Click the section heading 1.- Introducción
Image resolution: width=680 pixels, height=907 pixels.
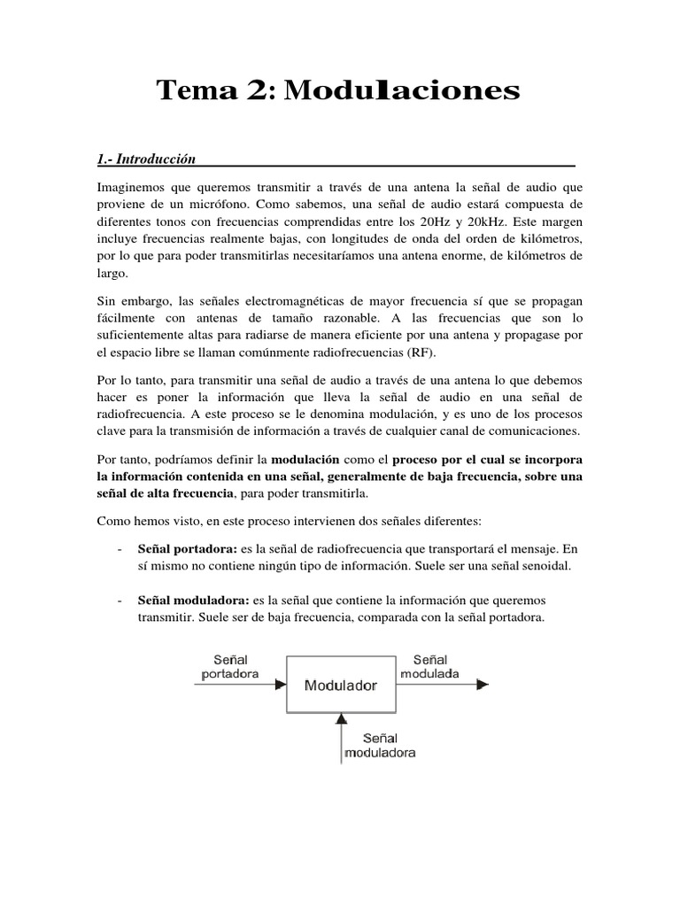144,159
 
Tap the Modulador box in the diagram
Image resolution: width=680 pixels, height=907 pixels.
341,685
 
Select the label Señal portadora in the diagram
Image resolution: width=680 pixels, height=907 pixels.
230,666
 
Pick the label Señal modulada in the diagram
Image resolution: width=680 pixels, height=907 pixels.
429,666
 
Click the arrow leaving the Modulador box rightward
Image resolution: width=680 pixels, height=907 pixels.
443,684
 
